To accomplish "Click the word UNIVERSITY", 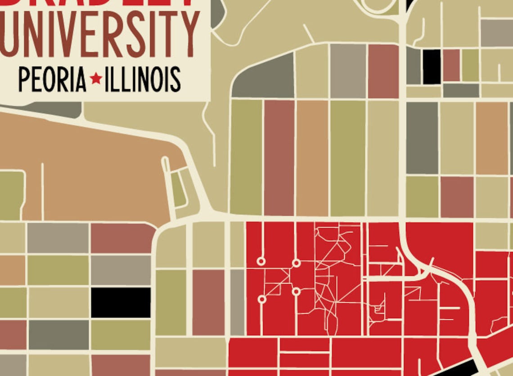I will (99, 35).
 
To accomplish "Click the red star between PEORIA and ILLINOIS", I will (95, 79).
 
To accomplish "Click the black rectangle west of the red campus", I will (121, 303).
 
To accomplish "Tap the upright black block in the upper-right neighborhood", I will (432, 67).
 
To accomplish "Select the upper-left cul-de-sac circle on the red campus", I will (261, 261).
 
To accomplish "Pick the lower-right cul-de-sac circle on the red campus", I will (296, 291).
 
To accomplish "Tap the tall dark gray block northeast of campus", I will (422, 138).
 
